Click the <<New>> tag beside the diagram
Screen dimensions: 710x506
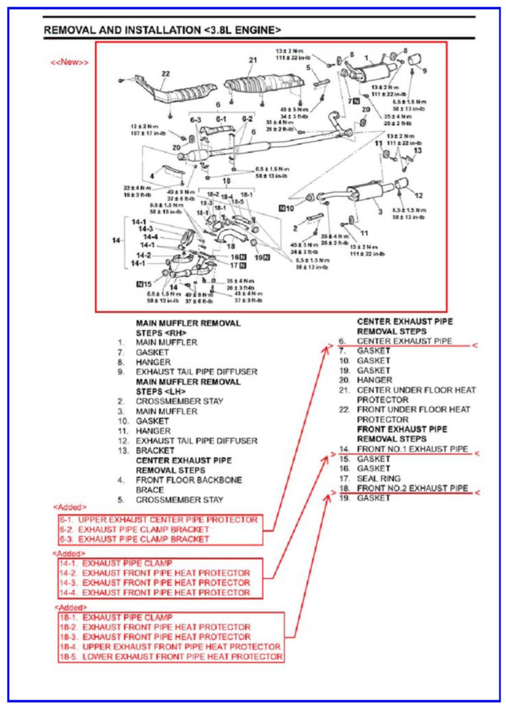[x=69, y=62]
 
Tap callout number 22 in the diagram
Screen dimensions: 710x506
[x=166, y=74]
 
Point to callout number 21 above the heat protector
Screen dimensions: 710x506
[x=253, y=60]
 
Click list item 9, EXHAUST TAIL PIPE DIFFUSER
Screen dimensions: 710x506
[x=196, y=372]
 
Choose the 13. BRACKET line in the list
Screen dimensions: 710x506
[x=155, y=451]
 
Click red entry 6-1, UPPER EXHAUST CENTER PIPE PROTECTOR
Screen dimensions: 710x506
[x=168, y=520]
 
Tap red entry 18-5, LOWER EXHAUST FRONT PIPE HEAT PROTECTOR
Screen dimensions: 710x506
[x=182, y=656]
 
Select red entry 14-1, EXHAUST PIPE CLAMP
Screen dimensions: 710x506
[x=127, y=563]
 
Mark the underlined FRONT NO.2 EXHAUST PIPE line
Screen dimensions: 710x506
[x=412, y=488]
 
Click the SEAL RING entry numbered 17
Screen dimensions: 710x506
[x=379, y=479]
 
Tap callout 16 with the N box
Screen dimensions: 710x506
[x=238, y=257]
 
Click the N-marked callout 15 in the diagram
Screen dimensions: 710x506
[x=144, y=284]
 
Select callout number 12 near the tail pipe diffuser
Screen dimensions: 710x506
[x=419, y=196]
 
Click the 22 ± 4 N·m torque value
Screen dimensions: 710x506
[x=137, y=188]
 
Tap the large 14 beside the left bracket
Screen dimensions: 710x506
[x=116, y=240]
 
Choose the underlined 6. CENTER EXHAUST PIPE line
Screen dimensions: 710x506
[x=404, y=341]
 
